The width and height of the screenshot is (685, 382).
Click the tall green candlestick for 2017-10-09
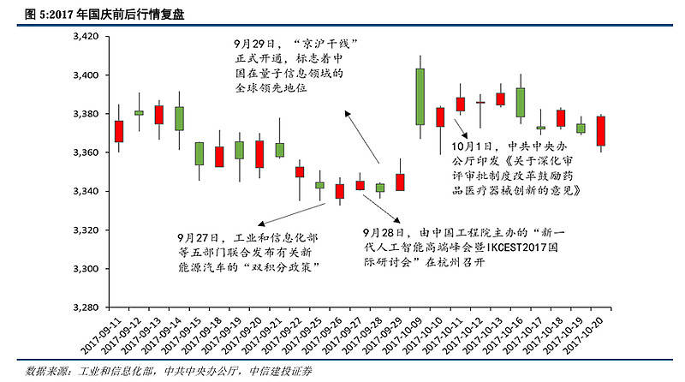click(420, 96)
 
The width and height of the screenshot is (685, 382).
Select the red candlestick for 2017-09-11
click(119, 131)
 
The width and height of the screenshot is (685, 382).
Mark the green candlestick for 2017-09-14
click(179, 118)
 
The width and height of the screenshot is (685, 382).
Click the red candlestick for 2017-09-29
click(400, 182)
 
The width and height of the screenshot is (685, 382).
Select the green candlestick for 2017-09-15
click(200, 153)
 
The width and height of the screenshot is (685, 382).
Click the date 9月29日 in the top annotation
click(254, 42)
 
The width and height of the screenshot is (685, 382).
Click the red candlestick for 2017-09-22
click(300, 171)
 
